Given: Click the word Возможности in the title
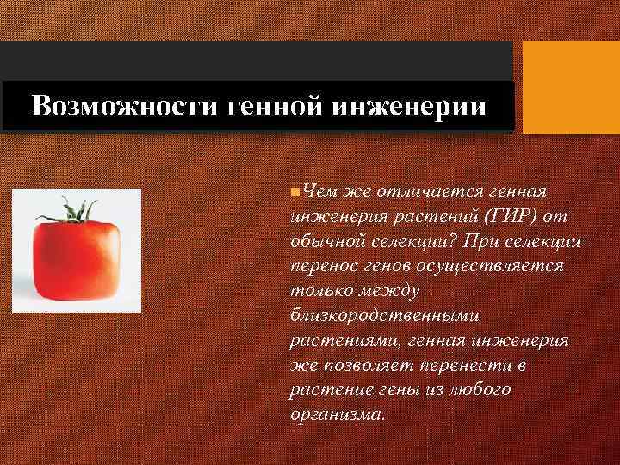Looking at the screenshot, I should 102,107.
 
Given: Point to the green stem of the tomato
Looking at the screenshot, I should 79,209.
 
